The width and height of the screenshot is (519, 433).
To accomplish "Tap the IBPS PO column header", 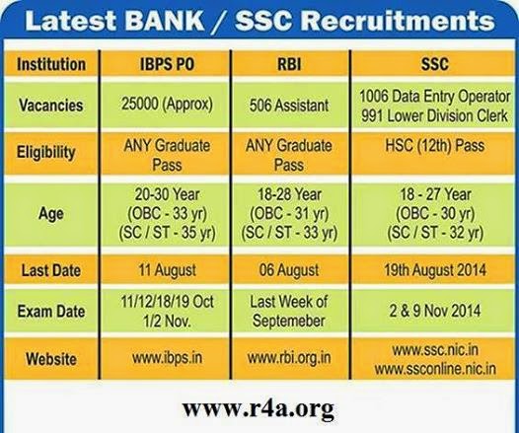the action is coord(167,64).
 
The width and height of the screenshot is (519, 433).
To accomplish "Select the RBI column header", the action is coord(289,64).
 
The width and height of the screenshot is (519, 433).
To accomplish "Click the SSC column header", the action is coord(434,64).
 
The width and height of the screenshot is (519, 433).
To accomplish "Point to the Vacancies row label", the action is coord(51,106).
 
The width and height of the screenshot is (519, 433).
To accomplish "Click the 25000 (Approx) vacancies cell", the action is coord(167,104).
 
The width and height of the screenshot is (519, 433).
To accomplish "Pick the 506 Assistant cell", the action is coord(289,106).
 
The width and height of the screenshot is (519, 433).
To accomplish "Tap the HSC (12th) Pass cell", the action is coord(434,146).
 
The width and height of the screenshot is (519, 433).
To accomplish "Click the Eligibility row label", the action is coord(46,153).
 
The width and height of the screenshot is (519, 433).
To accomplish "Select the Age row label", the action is coord(51,214).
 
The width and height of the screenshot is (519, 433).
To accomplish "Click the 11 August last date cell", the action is coord(167,270).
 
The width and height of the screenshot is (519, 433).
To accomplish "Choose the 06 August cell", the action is coord(289,270).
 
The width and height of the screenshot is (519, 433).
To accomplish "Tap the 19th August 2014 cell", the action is coord(434,270).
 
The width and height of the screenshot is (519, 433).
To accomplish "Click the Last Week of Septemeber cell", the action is coord(289,311).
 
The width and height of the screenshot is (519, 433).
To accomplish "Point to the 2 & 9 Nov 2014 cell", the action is coord(434,311).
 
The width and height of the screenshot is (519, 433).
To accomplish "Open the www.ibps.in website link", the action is coord(167,358).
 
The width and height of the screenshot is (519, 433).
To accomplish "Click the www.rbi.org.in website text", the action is coord(289,358).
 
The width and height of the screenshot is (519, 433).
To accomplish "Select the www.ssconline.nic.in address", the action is coord(435,369).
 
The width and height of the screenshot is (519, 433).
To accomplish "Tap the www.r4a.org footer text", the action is coord(258,409).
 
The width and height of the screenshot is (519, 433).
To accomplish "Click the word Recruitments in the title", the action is coord(399,21).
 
